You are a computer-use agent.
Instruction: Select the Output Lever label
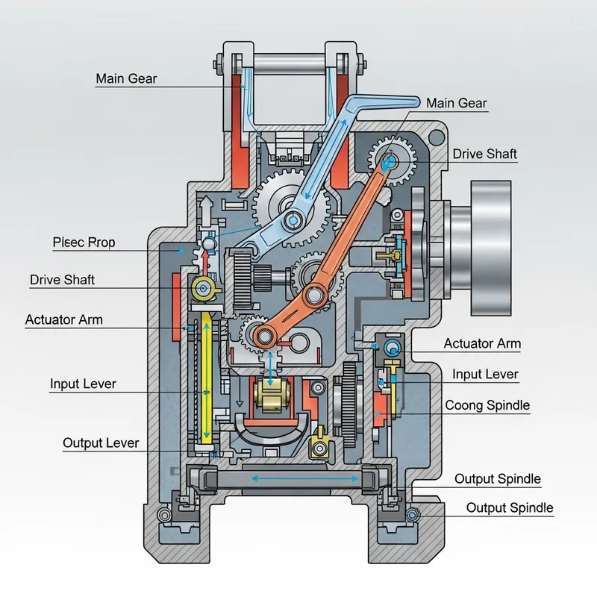point(101,443)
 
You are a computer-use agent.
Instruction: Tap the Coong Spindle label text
point(487,405)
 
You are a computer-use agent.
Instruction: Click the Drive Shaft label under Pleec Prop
point(63,280)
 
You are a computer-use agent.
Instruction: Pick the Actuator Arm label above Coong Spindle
point(482,343)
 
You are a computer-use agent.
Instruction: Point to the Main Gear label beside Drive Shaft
point(457,104)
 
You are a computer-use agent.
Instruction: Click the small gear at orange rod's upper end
point(390,157)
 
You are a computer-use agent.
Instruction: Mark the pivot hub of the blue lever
point(293,219)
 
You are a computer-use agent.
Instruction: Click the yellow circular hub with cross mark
point(202,288)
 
